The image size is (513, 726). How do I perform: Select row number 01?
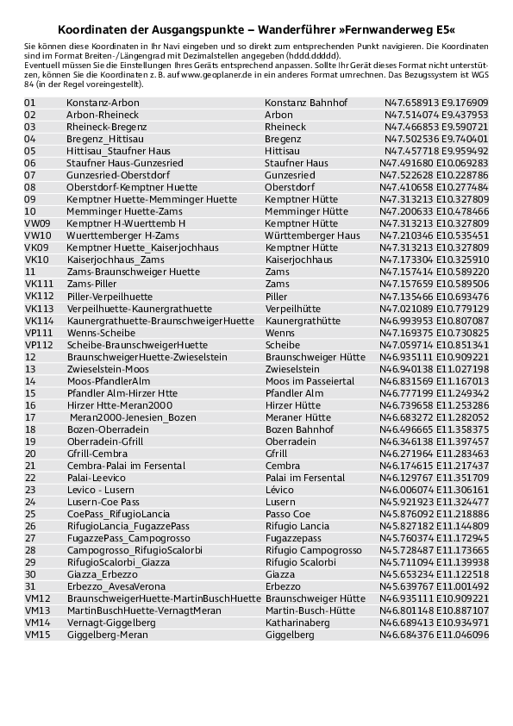pos(30,102)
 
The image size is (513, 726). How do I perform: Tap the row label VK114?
pos(40,320)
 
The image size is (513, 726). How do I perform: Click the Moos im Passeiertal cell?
pos(310,380)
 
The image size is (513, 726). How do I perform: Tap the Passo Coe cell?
pos(288,513)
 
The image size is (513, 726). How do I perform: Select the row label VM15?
pos(39,634)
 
